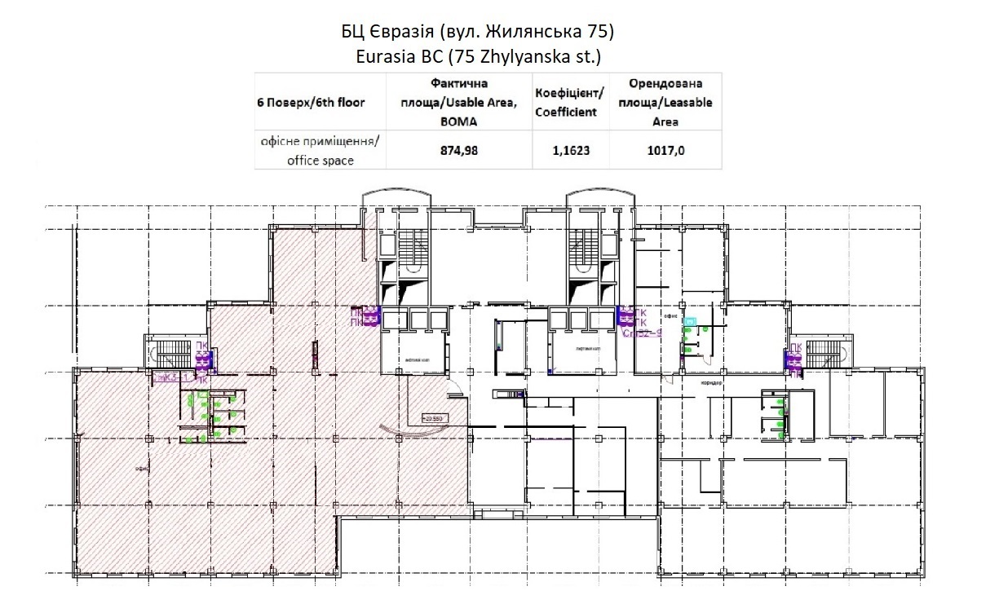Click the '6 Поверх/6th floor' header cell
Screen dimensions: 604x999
(312, 102)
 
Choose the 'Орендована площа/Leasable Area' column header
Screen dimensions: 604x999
(665, 102)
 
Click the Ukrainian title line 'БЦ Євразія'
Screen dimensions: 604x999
(477, 33)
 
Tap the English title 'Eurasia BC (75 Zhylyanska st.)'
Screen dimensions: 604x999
(478, 56)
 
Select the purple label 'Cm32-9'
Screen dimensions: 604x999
(641, 333)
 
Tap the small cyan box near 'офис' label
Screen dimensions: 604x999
(691, 322)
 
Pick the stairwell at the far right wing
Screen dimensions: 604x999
(824, 352)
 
